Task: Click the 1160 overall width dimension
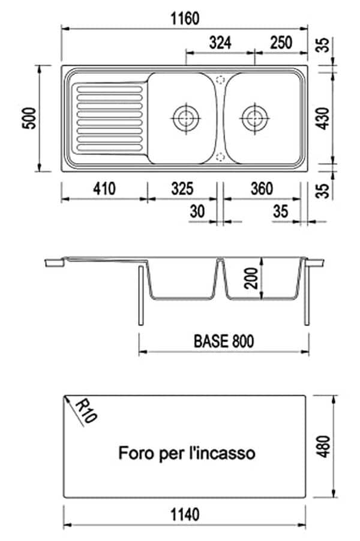tap(185, 19)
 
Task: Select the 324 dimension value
tap(220, 43)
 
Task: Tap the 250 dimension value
tap(281, 43)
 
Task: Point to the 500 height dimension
tap(29, 118)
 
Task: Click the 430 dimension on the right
tap(323, 118)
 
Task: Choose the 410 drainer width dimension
tap(104, 189)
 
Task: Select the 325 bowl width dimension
tap(182, 189)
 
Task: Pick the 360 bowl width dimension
tap(262, 189)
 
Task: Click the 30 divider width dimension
tap(197, 211)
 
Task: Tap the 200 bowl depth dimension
tap(251, 278)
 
